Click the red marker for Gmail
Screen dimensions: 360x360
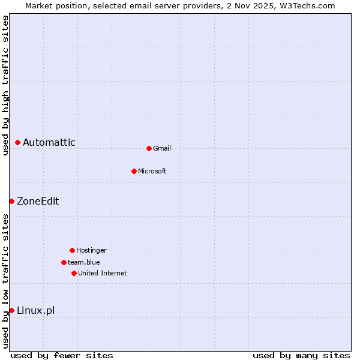click(149, 148)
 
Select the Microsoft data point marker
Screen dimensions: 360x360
click(134, 171)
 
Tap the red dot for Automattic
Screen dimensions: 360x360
click(17, 142)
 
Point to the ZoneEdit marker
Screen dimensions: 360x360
click(11, 201)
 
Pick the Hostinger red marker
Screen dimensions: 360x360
click(72, 250)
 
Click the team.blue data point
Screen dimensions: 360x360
click(64, 262)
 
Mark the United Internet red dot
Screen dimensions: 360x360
click(74, 273)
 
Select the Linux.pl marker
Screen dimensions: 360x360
click(11, 310)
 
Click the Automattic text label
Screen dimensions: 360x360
click(49, 142)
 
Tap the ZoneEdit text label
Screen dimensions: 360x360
click(38, 201)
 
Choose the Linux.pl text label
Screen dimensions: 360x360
click(35, 310)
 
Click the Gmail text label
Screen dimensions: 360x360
click(162, 148)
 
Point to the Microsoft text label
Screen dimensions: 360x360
click(152, 171)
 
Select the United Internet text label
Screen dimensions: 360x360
click(103, 273)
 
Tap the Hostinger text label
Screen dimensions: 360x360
click(91, 250)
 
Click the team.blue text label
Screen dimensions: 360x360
click(84, 262)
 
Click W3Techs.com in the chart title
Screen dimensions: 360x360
click(306, 5)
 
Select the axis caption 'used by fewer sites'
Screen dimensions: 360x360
click(62, 355)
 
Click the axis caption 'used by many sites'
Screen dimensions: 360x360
click(301, 355)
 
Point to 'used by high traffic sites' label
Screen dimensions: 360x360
click(5, 85)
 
